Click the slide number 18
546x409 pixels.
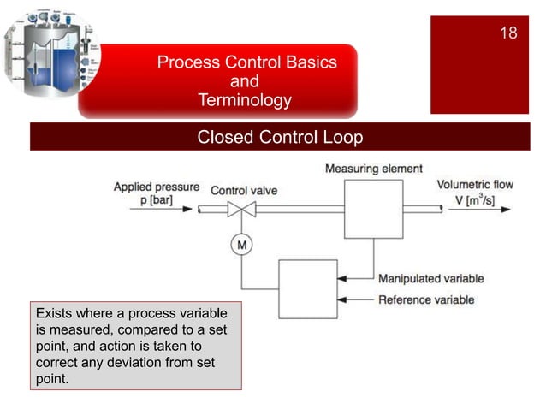pyautogui.click(x=508, y=33)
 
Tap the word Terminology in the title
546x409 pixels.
pyautogui.click(x=244, y=101)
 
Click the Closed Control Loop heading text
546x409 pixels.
pyautogui.click(x=280, y=137)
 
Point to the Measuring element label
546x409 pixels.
pyautogui.click(x=373, y=169)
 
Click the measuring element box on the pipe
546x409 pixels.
pyautogui.click(x=373, y=209)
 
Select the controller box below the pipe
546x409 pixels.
pyautogui.click(x=308, y=289)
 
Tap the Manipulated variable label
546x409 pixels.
pyautogui.click(x=430, y=278)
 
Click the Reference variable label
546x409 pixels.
pyautogui.click(x=426, y=299)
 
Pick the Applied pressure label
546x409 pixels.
pyautogui.click(x=157, y=186)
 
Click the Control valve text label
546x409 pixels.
pyautogui.click(x=244, y=190)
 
